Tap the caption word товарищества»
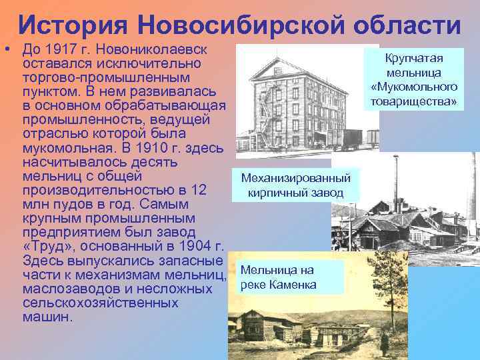[415, 102]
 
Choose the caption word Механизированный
[295, 179]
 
